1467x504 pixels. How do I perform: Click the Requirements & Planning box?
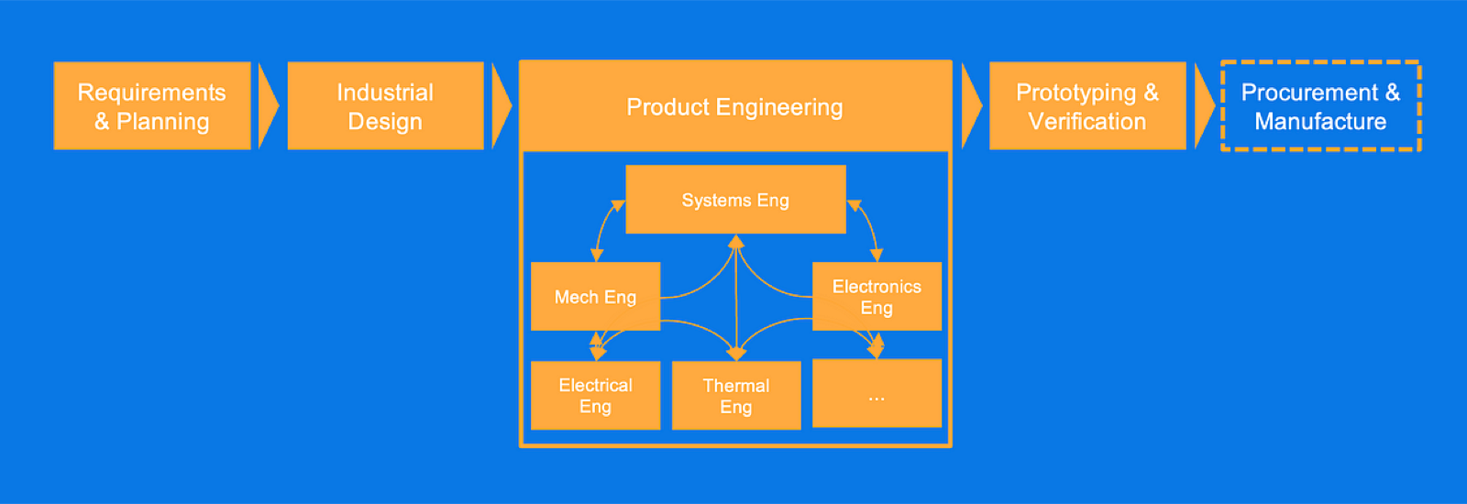tap(152, 106)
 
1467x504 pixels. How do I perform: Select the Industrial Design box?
tap(386, 106)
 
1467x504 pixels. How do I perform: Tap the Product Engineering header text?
tap(734, 107)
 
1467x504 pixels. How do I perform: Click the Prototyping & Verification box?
tap(1087, 106)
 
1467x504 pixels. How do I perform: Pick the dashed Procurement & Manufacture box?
tap(1321, 106)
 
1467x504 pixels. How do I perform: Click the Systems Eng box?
tap(735, 200)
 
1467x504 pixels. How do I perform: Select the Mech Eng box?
tap(595, 297)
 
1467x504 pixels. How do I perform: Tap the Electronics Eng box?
tap(877, 297)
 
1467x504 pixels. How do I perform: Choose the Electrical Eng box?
tap(595, 395)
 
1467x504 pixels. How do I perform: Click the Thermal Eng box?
tap(736, 395)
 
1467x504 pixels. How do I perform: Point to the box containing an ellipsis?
tap(877, 393)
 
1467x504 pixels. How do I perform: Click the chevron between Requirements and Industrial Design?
tap(269, 106)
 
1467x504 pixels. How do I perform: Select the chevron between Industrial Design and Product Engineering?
tap(502, 106)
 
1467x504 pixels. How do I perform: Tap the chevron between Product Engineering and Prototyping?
tap(972, 106)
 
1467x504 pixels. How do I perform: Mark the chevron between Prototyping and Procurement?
tap(1205, 106)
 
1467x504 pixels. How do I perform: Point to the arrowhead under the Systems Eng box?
tap(736, 242)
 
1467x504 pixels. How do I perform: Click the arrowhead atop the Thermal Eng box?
tap(737, 354)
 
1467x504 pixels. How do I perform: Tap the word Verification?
tap(1087, 122)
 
